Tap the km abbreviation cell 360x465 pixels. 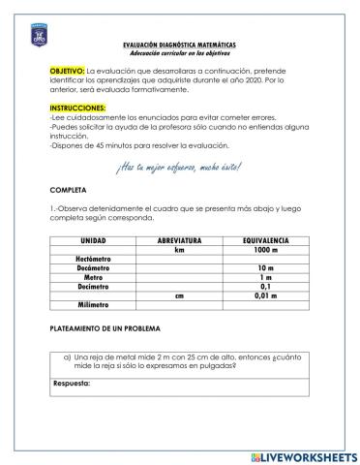[x=178, y=249]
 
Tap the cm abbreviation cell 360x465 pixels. [x=178, y=295]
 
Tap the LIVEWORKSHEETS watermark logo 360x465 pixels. [x=302, y=455]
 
